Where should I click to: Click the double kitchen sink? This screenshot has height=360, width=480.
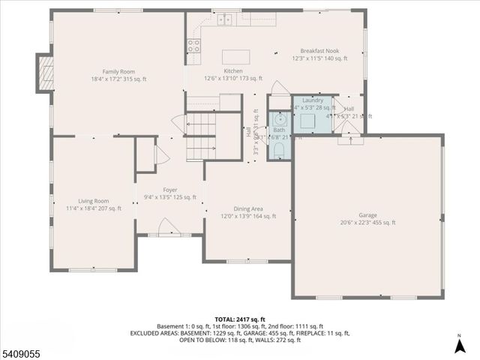point(223,20)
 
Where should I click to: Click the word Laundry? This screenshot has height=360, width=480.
point(313,100)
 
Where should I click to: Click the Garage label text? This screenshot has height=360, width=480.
point(367,214)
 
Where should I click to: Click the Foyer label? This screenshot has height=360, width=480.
point(170,190)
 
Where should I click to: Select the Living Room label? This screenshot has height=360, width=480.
point(94,201)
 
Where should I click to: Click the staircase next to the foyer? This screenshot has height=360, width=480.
point(201,136)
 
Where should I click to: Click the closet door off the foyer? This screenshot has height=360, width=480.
point(157,154)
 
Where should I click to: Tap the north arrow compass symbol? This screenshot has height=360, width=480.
point(459,346)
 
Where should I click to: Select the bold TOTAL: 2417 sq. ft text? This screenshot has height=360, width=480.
point(240,319)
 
